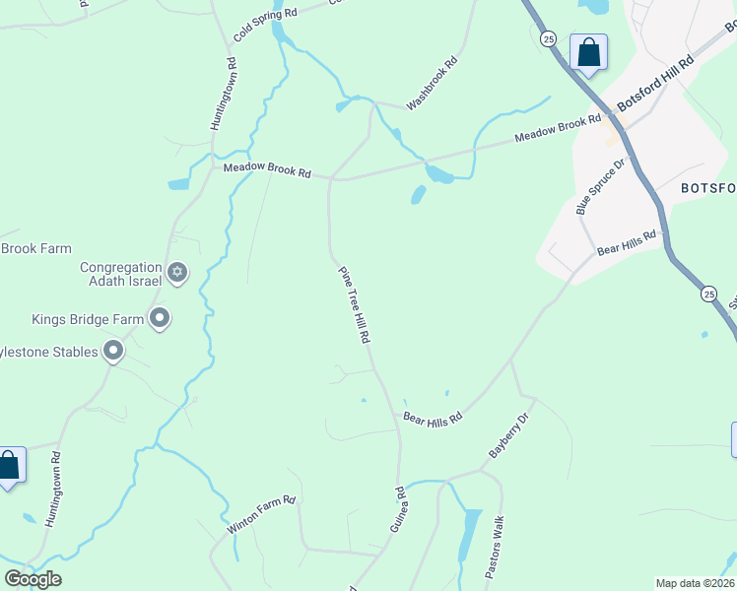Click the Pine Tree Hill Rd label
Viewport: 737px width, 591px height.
(353, 304)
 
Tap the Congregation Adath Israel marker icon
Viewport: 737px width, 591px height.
(177, 273)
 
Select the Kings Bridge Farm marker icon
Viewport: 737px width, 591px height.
(160, 318)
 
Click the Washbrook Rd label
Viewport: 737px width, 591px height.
(434, 82)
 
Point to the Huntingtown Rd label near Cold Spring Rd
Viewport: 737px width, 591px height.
(224, 95)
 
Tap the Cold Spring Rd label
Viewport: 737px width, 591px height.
(265, 20)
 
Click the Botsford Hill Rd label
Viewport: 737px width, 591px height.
(656, 84)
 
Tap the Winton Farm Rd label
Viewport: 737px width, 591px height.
(261, 514)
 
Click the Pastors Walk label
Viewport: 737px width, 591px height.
(495, 546)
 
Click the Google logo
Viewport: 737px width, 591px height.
(33, 578)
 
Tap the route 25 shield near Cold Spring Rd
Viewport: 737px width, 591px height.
(549, 38)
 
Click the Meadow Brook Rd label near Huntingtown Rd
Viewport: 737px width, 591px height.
(267, 170)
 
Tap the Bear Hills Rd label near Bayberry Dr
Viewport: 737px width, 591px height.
(433, 419)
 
